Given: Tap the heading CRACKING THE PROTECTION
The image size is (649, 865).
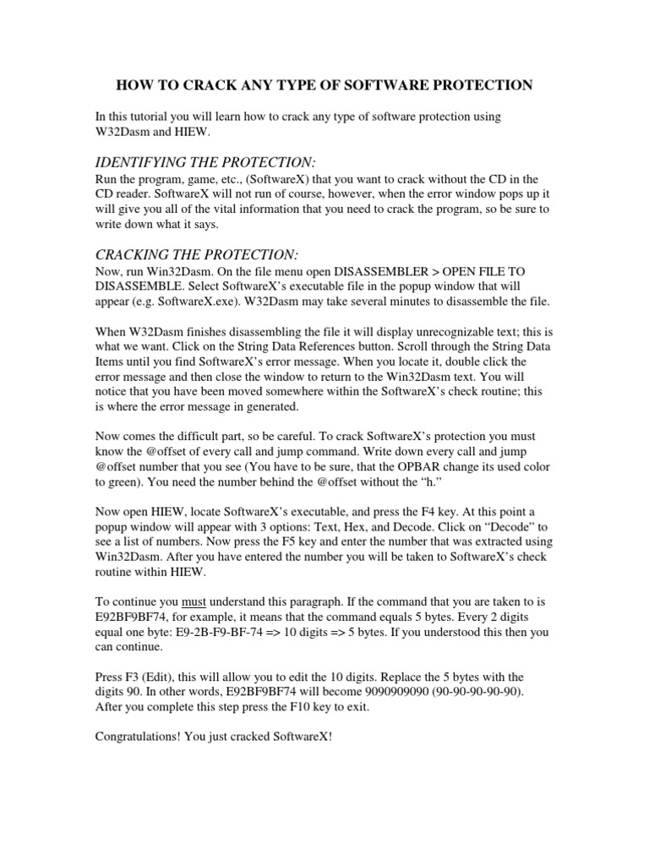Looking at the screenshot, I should coord(198,255).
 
